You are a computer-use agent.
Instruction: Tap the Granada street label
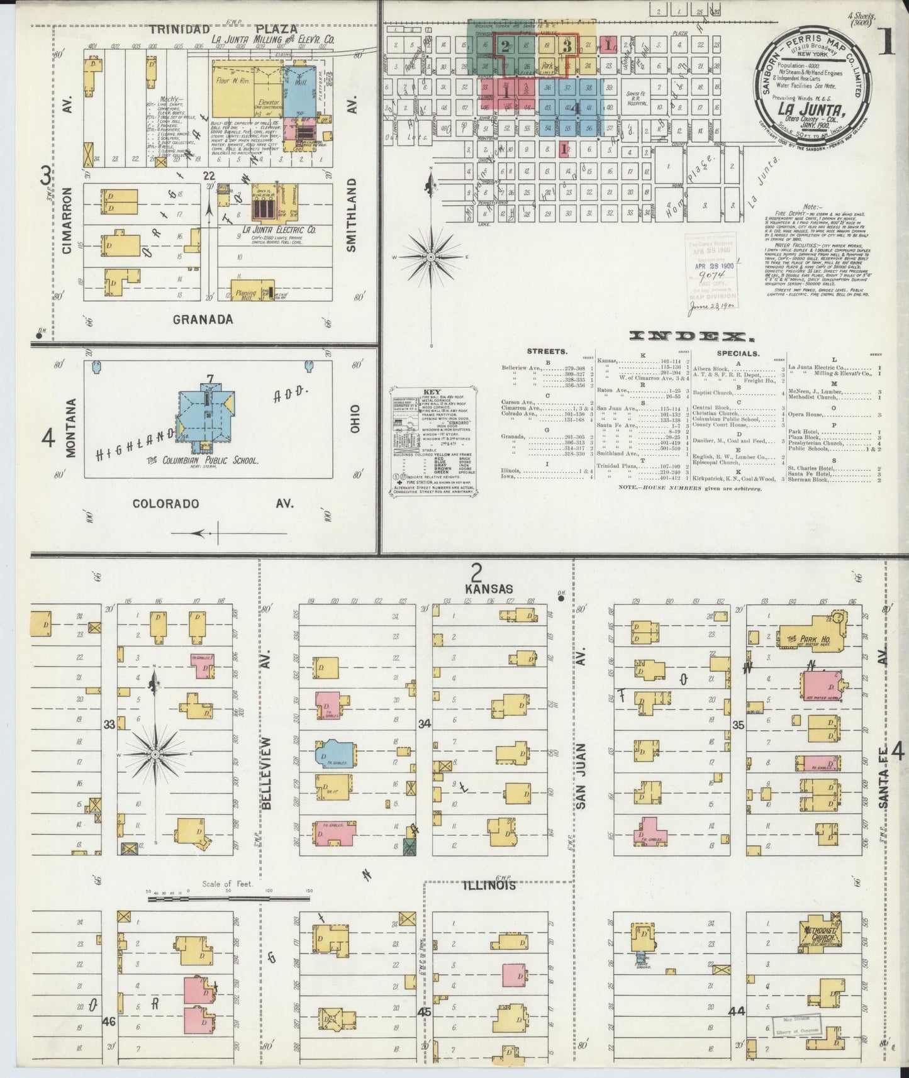(x=203, y=320)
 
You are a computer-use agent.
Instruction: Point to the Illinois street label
(x=490, y=886)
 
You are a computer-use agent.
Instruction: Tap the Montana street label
(x=69, y=428)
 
